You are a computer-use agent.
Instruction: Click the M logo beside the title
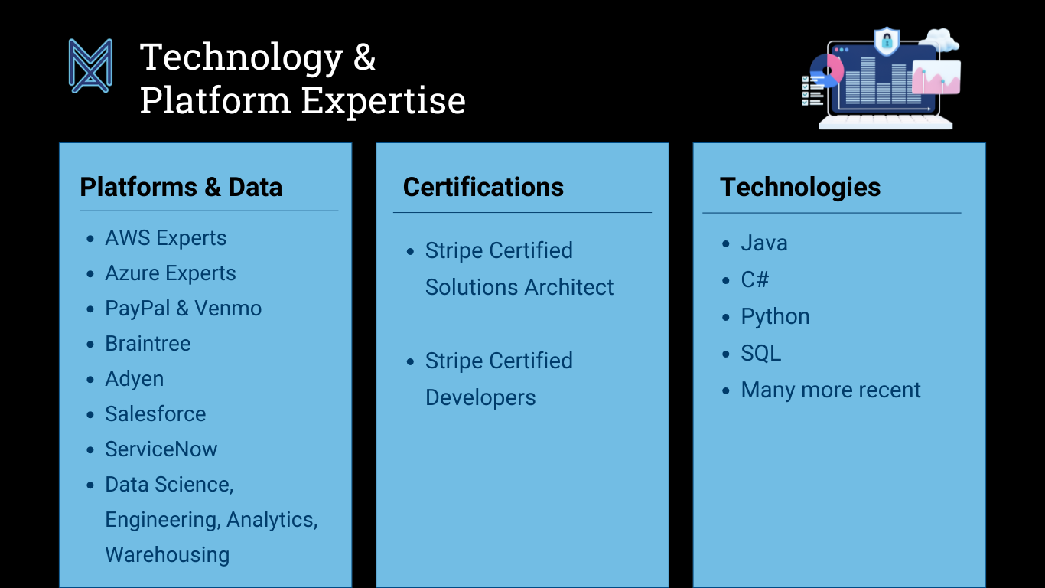click(90, 66)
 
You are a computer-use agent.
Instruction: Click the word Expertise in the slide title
click(383, 101)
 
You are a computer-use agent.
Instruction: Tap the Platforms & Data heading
click(181, 188)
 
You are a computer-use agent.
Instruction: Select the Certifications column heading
click(483, 188)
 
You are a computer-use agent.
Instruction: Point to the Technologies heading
click(800, 188)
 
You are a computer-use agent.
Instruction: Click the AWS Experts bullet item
click(165, 238)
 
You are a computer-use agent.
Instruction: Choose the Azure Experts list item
click(171, 273)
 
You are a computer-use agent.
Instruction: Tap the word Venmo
click(228, 309)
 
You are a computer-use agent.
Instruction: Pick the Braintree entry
click(148, 344)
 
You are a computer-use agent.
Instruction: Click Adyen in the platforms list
click(135, 379)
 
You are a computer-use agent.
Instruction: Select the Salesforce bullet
click(155, 413)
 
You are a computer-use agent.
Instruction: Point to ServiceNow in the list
click(161, 449)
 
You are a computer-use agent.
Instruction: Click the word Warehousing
click(167, 555)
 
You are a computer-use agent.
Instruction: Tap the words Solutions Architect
click(519, 287)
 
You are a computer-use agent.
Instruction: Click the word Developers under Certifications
click(480, 398)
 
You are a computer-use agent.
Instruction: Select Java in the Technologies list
click(764, 243)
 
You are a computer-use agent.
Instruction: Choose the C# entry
click(755, 279)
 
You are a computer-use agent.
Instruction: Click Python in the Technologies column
click(775, 317)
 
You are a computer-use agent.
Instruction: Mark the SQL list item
click(761, 353)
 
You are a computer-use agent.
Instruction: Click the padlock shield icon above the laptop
click(887, 41)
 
